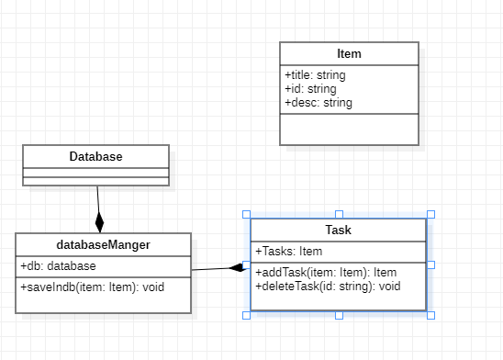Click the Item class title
[x=349, y=53]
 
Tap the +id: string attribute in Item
[x=310, y=89]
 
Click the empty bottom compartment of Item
[x=349, y=129]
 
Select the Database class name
[x=95, y=156]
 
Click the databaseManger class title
[x=103, y=244]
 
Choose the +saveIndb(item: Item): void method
[x=92, y=287]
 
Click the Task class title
[x=338, y=230]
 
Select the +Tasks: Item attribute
[x=288, y=252]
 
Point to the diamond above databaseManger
[x=100, y=222]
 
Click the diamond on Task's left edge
[x=238, y=267]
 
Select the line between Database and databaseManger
[x=98, y=199]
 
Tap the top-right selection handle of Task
[x=430, y=214]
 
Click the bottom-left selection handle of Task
[x=246, y=315]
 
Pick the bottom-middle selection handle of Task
[x=339, y=315]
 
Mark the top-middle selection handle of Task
[x=339, y=214]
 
